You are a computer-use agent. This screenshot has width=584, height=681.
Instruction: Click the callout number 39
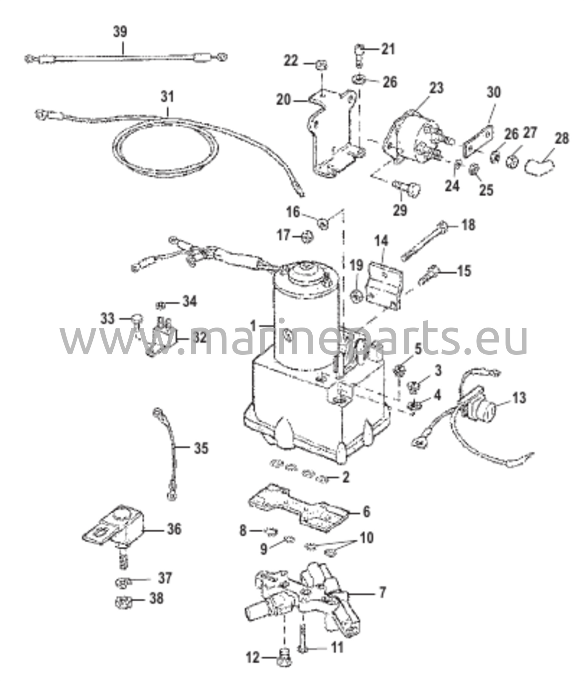tap(120, 32)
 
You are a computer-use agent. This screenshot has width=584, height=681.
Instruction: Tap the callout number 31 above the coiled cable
tap(167, 97)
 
